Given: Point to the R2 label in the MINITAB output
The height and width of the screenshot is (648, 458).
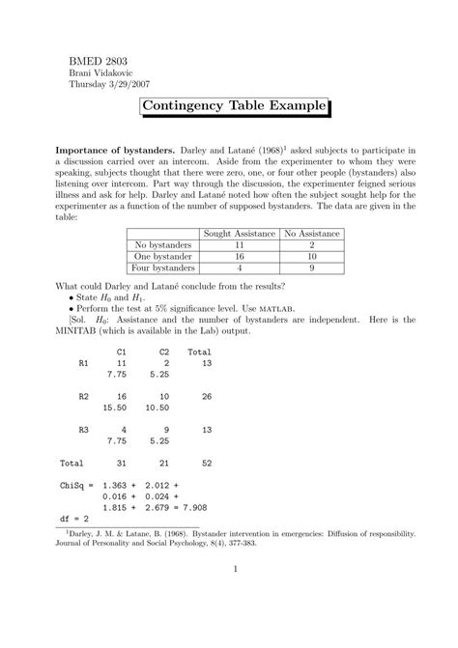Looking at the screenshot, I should click(x=83, y=396).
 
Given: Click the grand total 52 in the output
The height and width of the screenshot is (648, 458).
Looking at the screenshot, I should click(x=205, y=463).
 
